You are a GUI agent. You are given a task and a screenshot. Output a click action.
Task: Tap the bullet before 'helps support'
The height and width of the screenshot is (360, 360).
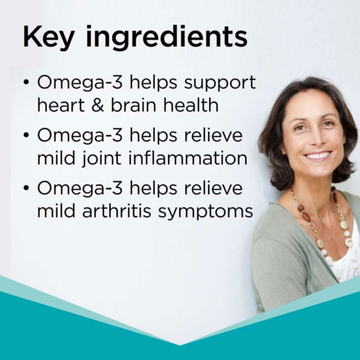(x=26, y=82)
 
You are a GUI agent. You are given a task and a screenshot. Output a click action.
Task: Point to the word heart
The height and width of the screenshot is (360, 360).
(x=61, y=105)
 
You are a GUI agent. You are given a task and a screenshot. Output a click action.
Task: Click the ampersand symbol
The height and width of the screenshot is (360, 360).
(x=98, y=105)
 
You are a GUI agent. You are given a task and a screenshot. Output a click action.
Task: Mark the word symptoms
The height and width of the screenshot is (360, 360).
(x=205, y=212)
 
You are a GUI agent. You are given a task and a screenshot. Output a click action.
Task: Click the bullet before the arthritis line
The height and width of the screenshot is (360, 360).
(x=26, y=188)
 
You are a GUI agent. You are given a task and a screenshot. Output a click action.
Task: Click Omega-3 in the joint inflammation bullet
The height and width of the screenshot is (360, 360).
(x=80, y=135)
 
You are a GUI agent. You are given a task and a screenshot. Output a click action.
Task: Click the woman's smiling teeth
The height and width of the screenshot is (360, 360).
(x=318, y=156)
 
